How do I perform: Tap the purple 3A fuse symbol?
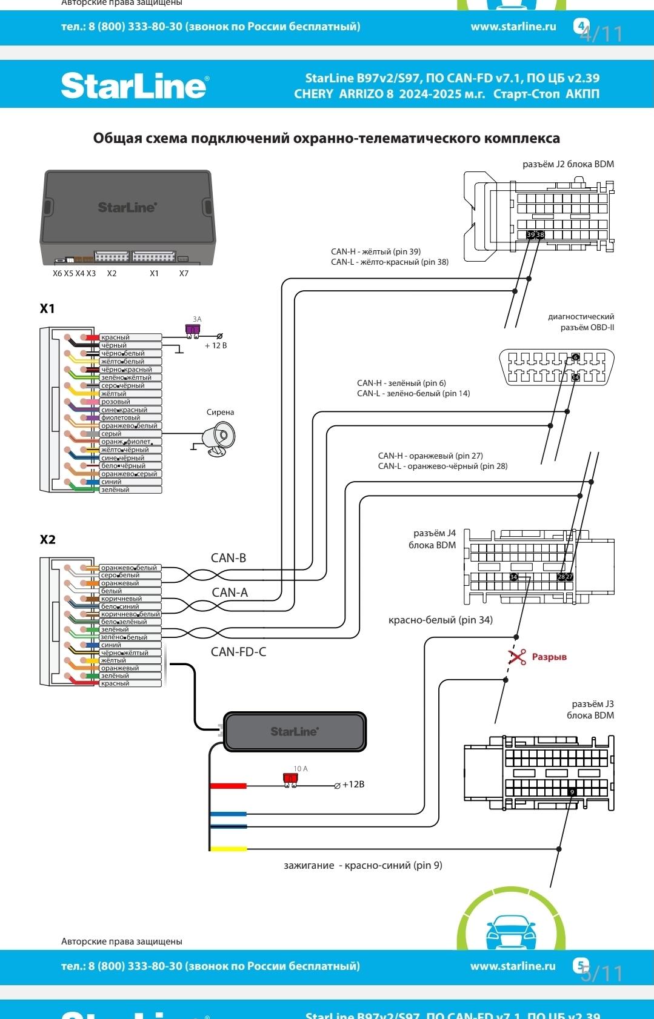click(192, 330)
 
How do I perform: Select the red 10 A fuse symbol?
click(290, 779)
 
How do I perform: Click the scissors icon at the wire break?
click(517, 657)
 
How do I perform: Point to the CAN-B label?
click(229, 558)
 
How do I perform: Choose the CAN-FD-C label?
click(238, 652)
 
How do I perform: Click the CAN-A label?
click(230, 592)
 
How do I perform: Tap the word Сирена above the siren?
click(220, 412)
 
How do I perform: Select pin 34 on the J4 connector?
click(513, 577)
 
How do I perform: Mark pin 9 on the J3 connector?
click(572, 792)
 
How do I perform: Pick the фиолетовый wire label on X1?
click(121, 417)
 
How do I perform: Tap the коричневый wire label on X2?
click(121, 599)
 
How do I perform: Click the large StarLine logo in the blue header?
click(134, 85)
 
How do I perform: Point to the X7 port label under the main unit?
click(184, 273)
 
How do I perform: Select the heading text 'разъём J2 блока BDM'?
click(568, 164)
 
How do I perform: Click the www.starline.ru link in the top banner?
click(513, 27)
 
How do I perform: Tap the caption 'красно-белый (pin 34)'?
click(440, 620)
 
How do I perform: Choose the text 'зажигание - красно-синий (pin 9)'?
click(362, 865)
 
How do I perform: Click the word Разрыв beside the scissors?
click(549, 657)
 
